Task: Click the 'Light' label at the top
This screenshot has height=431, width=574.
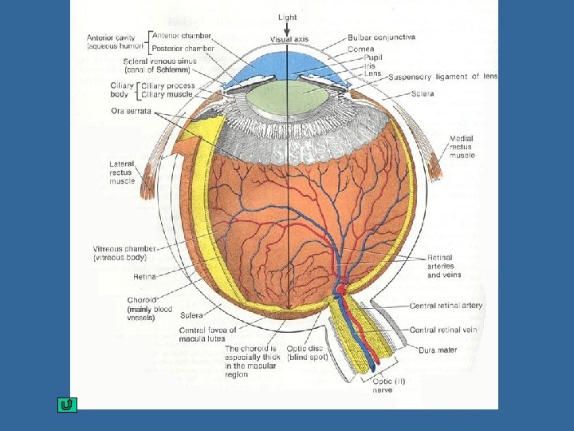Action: coord(288,17)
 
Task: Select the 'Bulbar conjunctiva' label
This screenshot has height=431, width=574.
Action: coord(381,37)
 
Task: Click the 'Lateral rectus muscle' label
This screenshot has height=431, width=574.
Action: coord(122,172)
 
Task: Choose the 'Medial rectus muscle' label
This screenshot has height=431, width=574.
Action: coord(462,147)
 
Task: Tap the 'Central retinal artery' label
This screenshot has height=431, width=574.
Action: coord(446,306)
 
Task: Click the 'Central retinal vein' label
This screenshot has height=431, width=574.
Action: coord(443,329)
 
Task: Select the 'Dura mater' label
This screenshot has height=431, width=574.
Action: coord(439,350)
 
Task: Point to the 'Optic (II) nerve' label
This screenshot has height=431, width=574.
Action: coord(390,386)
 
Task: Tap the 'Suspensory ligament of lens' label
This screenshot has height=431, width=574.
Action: coord(442,77)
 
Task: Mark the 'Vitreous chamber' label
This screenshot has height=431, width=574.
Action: coord(124,253)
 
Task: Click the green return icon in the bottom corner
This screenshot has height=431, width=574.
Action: coord(67,405)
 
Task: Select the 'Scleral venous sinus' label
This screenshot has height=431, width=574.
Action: coord(159,65)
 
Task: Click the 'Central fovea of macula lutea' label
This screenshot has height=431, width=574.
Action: coord(208,334)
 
